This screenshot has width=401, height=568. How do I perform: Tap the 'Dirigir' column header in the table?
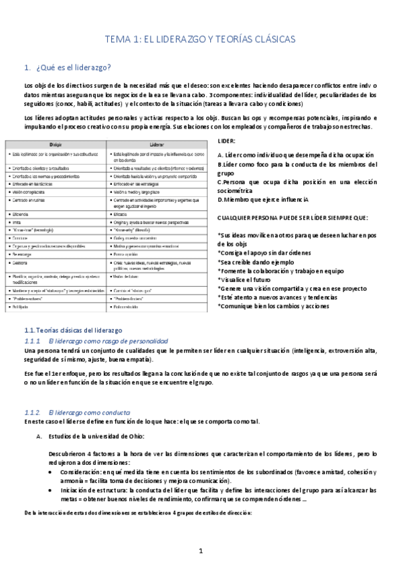[x=56, y=144]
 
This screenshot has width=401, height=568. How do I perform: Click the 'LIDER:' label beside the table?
[x=228, y=143]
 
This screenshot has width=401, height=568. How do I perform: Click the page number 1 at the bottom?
[x=200, y=550]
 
